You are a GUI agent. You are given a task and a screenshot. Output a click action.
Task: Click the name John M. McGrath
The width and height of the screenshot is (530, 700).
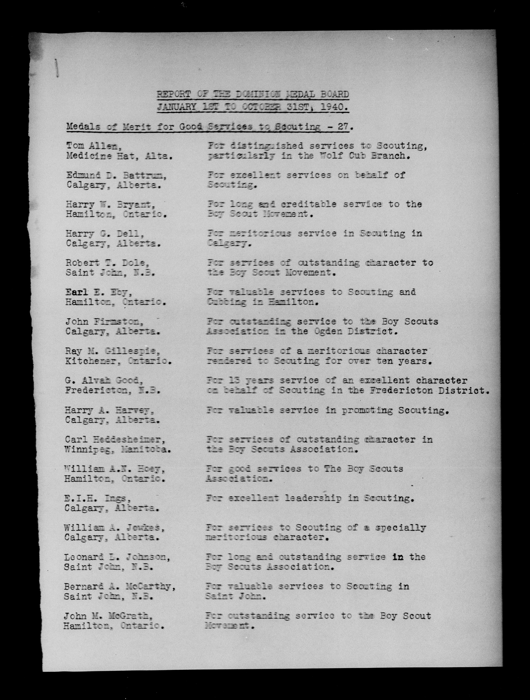(105, 616)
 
